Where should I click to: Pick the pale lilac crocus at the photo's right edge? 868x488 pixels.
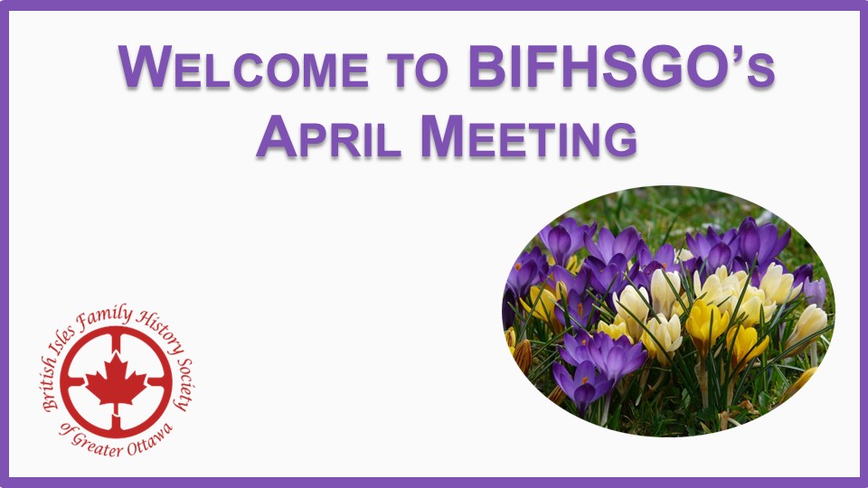point(815,290)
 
